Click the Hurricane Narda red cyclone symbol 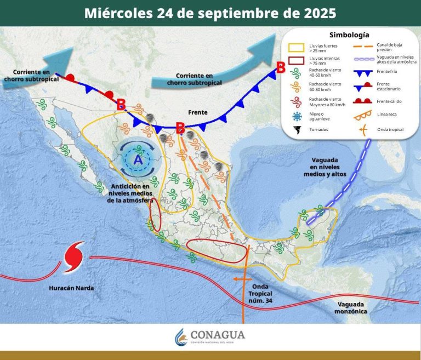pyautogui.click(x=74, y=256)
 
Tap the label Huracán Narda pyautogui.click(x=71, y=288)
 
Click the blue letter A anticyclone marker pyautogui.click(x=138, y=160)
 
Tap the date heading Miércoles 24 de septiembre pyautogui.click(x=210, y=13)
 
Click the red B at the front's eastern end pyautogui.click(x=280, y=68)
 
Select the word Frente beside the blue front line pyautogui.click(x=197, y=112)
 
